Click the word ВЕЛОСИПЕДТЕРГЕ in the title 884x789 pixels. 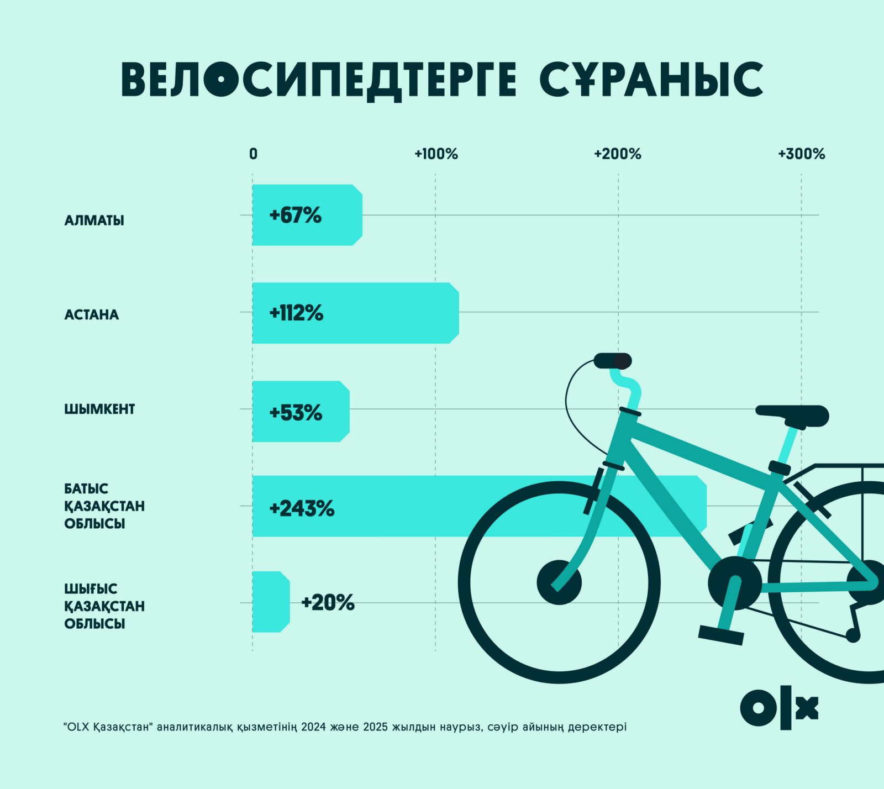[x=318, y=80]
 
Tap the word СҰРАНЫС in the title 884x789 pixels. [x=651, y=80]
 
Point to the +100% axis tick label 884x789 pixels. [x=436, y=154]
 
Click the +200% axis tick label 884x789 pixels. [x=617, y=154]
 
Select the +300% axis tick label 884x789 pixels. [x=801, y=154]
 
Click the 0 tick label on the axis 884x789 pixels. [x=253, y=154]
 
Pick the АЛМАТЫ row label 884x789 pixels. [x=94, y=220]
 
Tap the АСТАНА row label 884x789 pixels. [x=91, y=315]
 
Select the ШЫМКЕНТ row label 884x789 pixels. [x=99, y=409]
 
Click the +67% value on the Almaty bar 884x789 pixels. [x=295, y=215]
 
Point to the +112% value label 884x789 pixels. [x=296, y=313]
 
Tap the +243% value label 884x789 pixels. [x=302, y=508]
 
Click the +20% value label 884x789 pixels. [x=328, y=602]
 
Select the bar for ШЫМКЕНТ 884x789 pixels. [x=301, y=412]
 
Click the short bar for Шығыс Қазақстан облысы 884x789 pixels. [x=271, y=602]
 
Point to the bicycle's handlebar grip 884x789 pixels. [x=613, y=361]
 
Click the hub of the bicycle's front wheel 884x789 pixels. [x=559, y=582]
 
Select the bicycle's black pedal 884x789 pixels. [x=721, y=635]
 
